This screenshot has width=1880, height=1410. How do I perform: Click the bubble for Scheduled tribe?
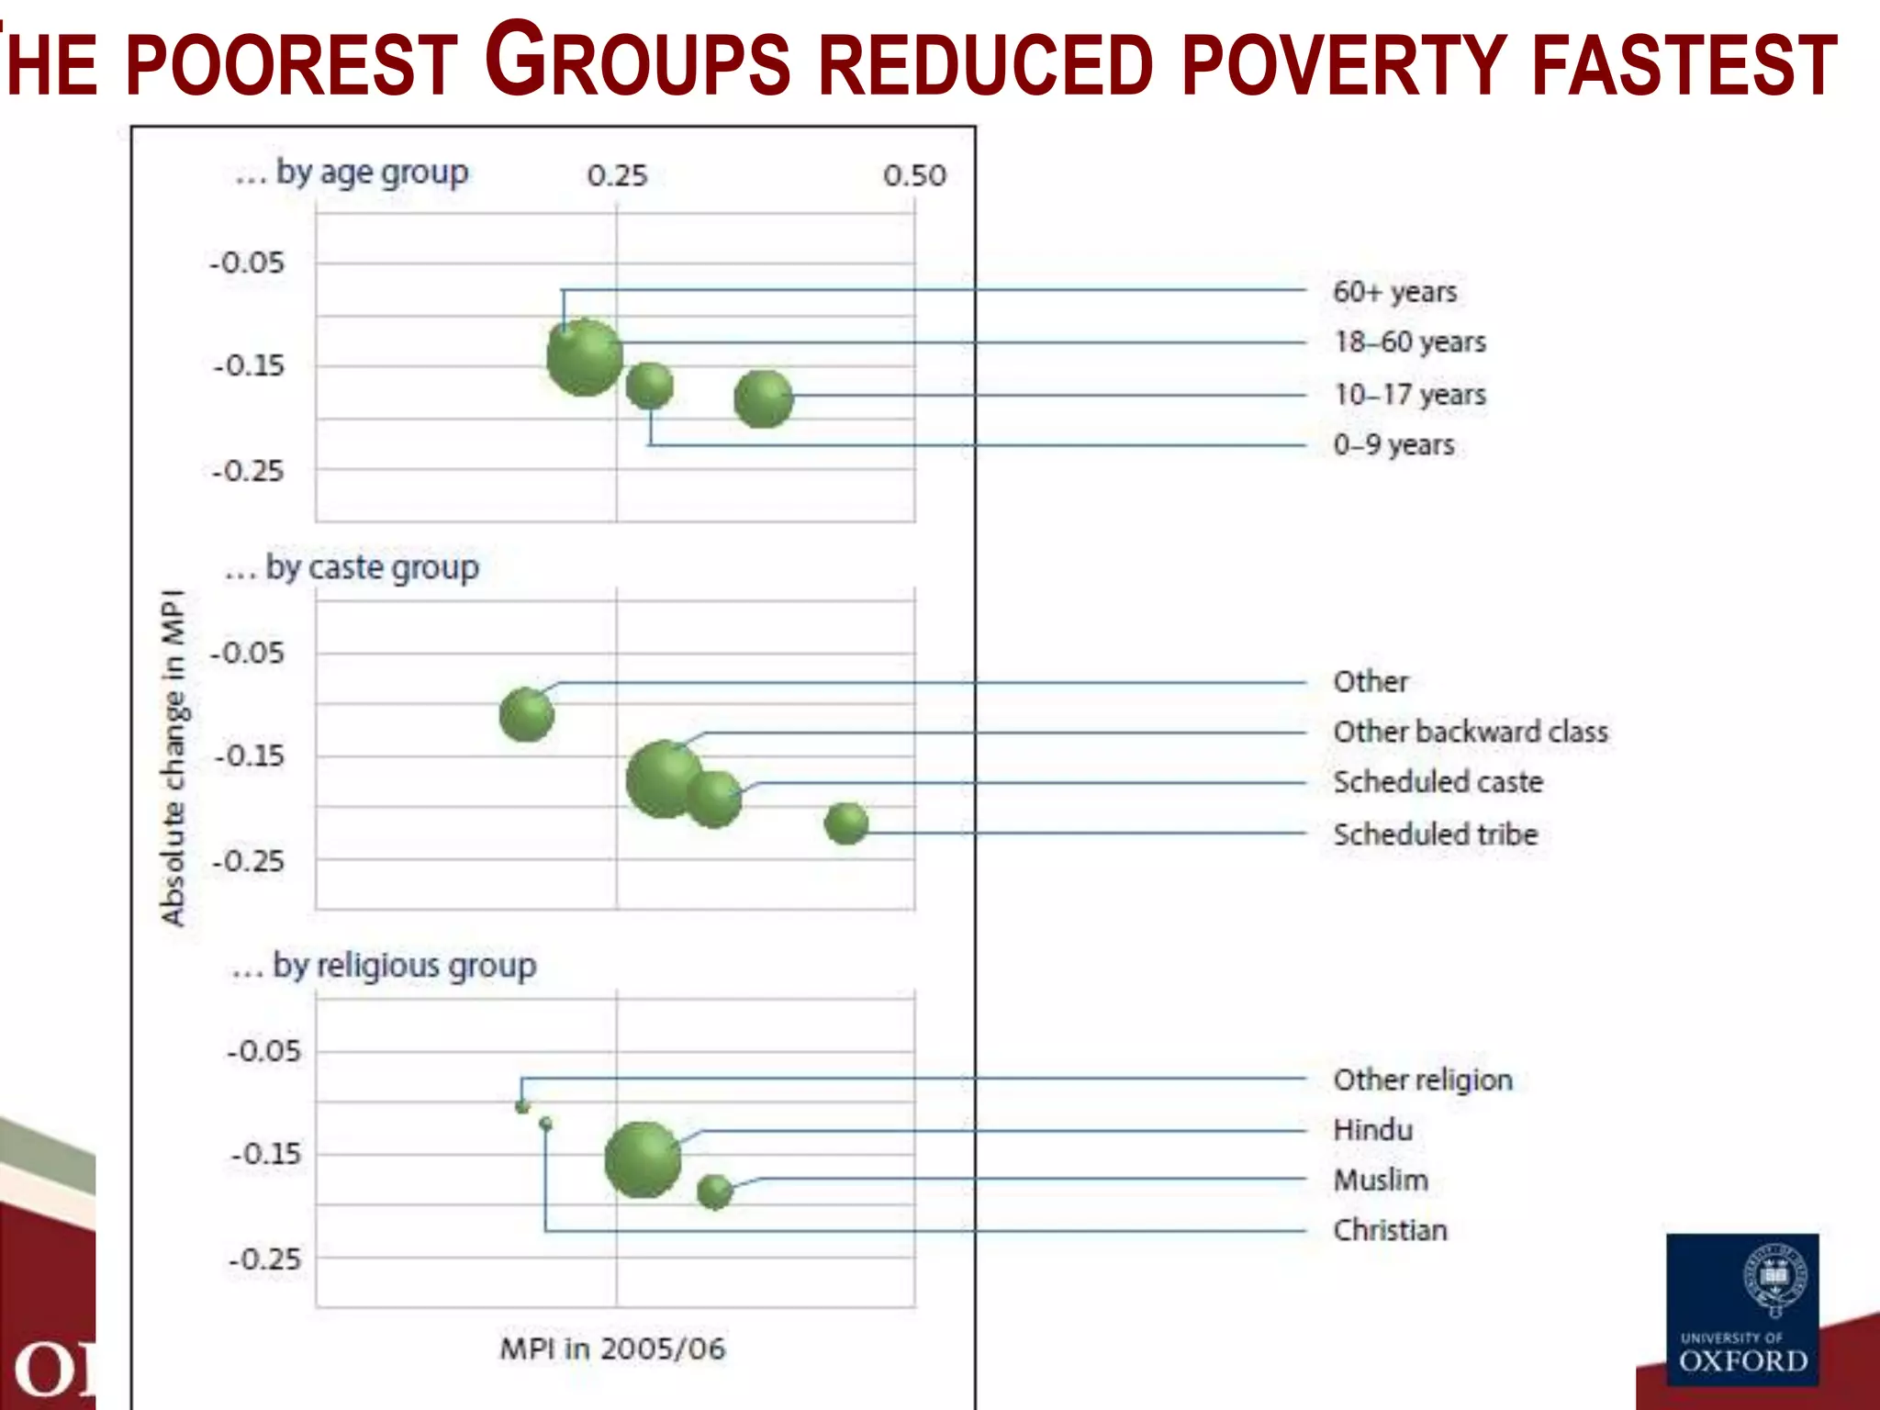(845, 823)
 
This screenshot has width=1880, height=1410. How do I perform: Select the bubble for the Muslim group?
(714, 1192)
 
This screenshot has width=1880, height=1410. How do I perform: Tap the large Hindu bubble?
(643, 1159)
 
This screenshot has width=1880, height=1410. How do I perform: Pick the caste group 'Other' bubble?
(527, 714)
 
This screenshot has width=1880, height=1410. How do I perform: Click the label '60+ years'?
(1394, 292)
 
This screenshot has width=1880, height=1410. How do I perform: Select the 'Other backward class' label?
(1470, 732)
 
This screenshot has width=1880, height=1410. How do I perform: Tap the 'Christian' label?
(1390, 1230)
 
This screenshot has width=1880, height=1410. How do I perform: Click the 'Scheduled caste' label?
(1438, 782)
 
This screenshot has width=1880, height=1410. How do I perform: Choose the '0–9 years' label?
(1393, 445)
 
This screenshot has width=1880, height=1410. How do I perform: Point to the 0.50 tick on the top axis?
(913, 175)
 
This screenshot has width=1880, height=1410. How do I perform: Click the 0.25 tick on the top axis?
(617, 175)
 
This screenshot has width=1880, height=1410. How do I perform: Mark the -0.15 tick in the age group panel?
(249, 366)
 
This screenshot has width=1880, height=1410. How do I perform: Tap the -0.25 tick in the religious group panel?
(264, 1259)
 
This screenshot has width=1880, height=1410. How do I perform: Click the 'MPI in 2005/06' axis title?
(612, 1348)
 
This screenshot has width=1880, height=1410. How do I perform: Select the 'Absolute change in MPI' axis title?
(173, 757)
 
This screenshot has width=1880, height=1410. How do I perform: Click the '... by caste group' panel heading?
(352, 568)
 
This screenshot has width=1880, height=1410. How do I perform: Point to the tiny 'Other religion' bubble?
(522, 1106)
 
